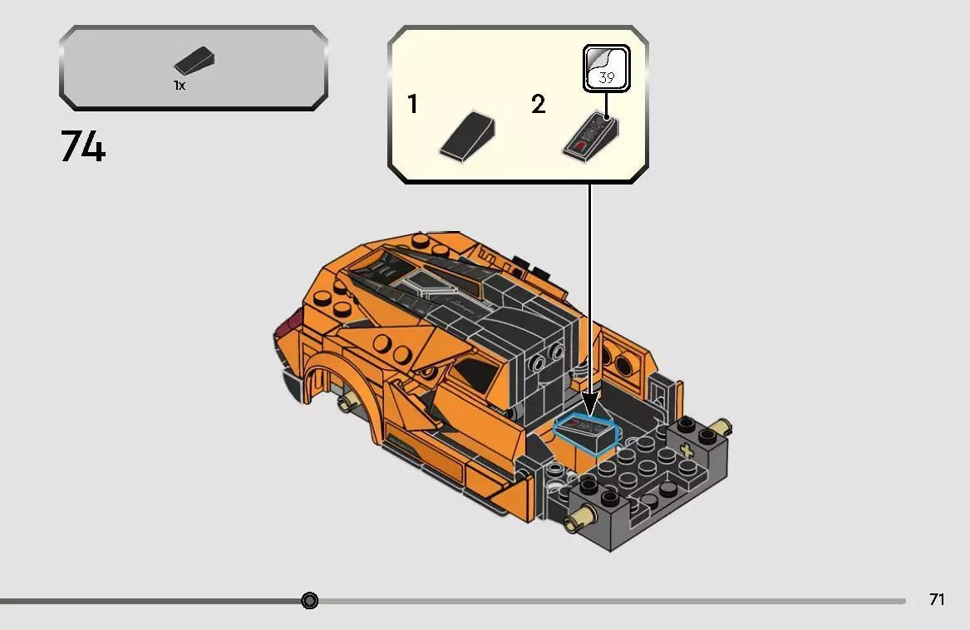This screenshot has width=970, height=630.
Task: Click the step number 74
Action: click(83, 147)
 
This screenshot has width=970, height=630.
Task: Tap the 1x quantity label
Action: click(180, 86)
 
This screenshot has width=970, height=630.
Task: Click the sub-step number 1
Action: click(413, 106)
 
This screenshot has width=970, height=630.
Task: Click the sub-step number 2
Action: click(538, 106)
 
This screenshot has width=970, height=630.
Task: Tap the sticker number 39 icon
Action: click(606, 69)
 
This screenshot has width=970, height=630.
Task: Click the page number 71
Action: click(937, 599)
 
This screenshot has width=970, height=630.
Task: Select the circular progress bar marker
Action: click(310, 600)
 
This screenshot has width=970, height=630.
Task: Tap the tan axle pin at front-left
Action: click(574, 522)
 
